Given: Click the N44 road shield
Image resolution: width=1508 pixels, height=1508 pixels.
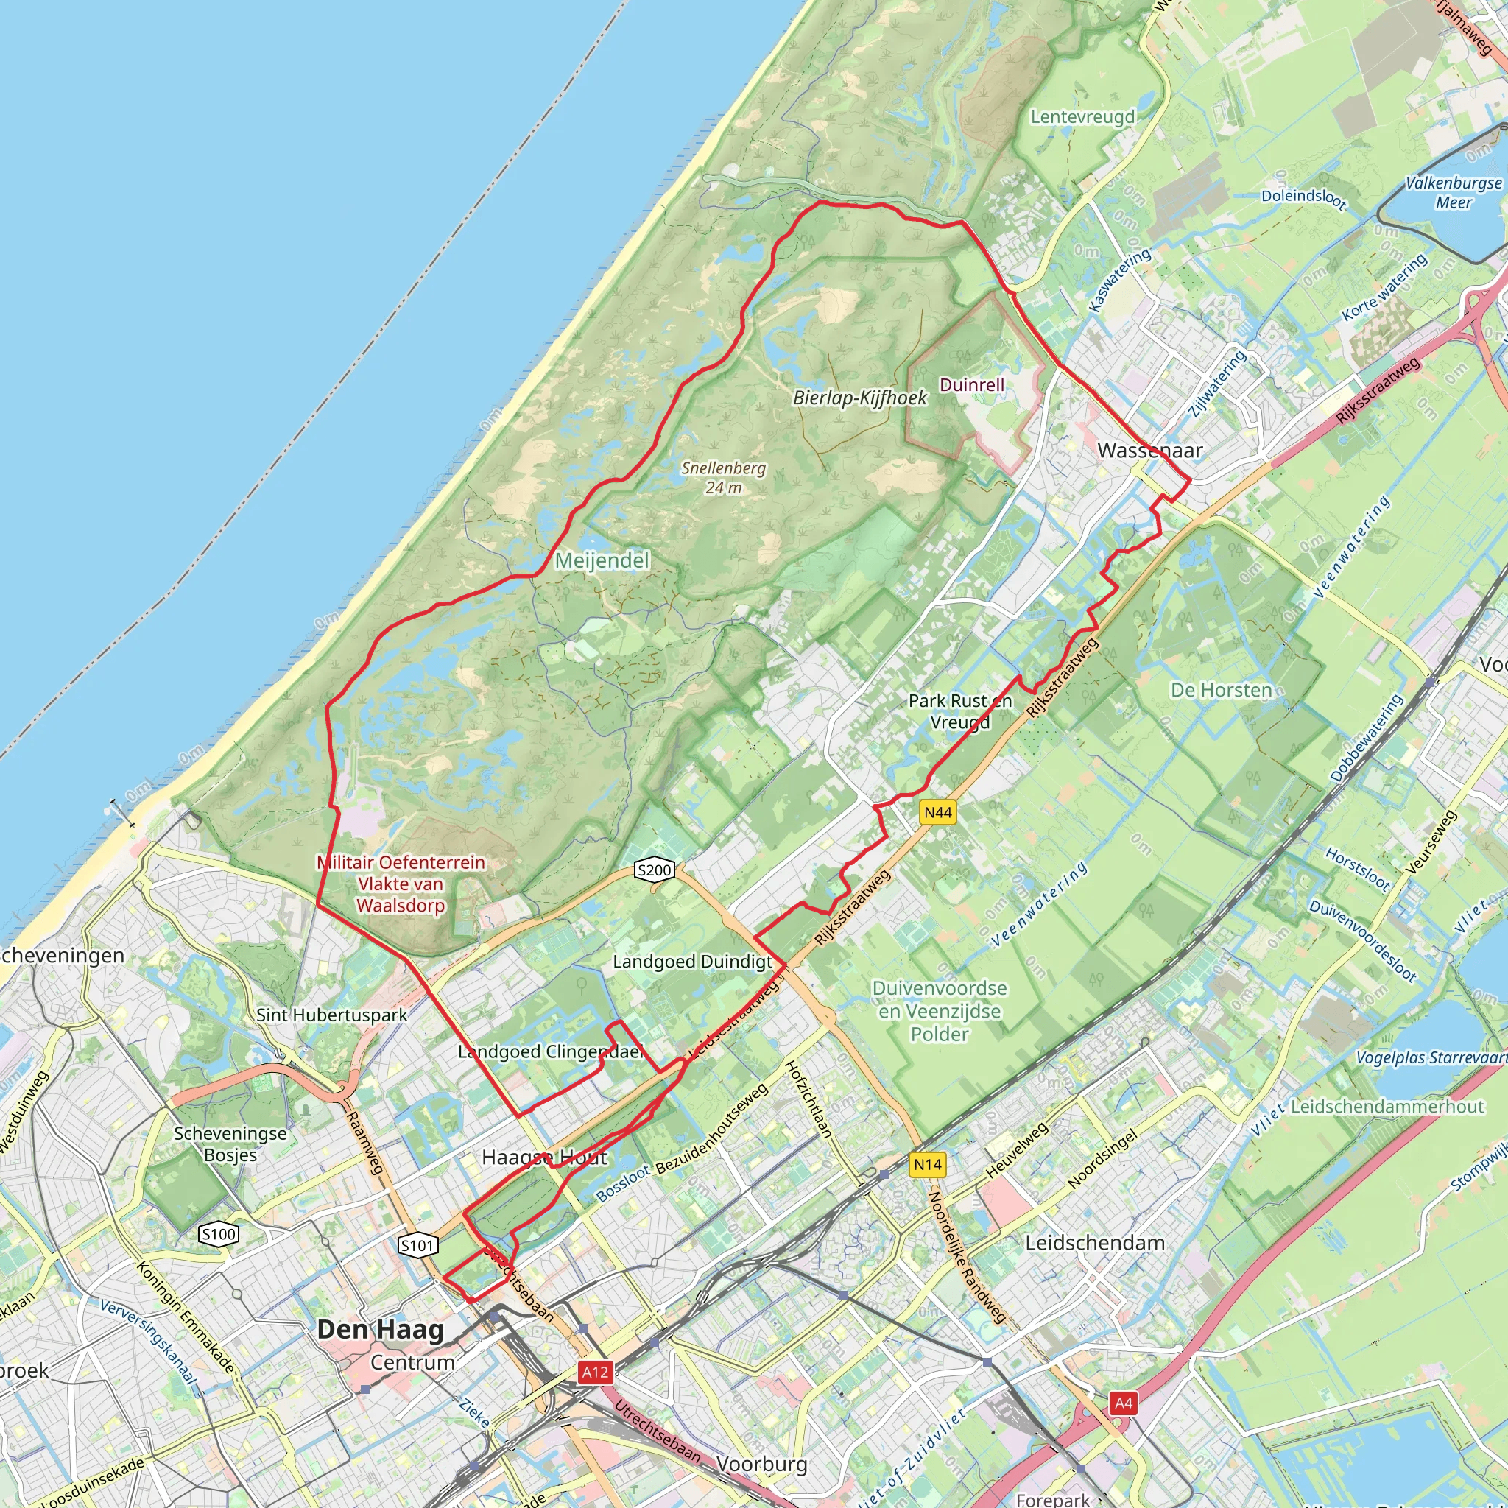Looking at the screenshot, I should tap(937, 813).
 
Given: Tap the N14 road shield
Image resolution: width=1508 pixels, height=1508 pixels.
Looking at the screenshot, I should tap(927, 1165).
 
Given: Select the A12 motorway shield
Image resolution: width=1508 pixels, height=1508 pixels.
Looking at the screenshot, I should tap(595, 1373).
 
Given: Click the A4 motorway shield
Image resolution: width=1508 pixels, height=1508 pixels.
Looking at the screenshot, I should tap(1123, 1403).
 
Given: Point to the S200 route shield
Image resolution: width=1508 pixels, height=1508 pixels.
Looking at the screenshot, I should tap(654, 870).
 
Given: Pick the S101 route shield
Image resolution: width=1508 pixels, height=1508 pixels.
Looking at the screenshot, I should tap(417, 1245).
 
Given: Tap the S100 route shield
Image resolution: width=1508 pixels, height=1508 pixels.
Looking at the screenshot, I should tap(218, 1234).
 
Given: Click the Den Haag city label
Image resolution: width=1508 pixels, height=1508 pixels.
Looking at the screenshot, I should tap(380, 1329).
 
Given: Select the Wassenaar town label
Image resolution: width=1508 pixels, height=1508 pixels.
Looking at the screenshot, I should tap(1149, 451).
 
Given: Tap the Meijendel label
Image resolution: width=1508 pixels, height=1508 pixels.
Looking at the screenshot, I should tap(602, 560).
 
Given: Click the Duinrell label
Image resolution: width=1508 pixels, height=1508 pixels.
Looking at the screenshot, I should tap(972, 385).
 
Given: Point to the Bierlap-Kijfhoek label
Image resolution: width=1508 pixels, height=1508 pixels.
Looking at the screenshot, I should tap(859, 398).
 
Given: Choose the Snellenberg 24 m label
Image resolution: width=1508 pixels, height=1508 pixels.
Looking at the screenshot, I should tap(723, 478).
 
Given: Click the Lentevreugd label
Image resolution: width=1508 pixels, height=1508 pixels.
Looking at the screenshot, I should tap(1082, 117).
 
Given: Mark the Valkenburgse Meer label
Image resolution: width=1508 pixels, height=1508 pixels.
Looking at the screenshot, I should tap(1454, 193).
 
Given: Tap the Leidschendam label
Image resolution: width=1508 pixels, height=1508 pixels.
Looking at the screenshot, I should tap(1094, 1243).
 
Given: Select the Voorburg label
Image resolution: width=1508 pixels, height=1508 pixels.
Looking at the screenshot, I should tap(761, 1465).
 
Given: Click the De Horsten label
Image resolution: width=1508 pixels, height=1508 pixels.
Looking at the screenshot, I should tap(1221, 690).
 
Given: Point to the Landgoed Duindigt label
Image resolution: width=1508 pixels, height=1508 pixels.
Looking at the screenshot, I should tap(692, 962).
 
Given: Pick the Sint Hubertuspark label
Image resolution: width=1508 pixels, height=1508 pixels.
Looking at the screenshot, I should tap(332, 1015).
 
